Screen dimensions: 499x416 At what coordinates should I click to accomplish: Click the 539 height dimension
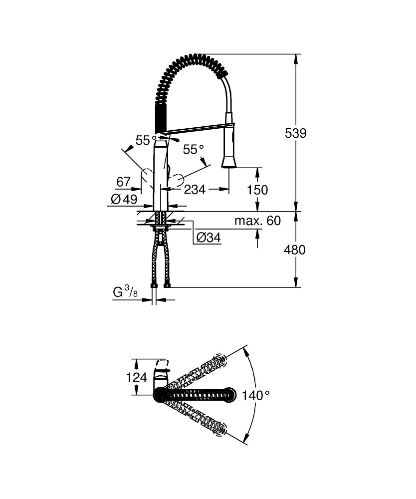click(295, 133)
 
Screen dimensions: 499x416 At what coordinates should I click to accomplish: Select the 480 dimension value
click(295, 249)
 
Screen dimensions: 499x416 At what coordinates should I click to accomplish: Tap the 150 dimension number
click(258, 190)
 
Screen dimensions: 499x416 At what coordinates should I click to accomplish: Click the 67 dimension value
click(123, 182)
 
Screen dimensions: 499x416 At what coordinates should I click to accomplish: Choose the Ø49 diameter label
click(123, 199)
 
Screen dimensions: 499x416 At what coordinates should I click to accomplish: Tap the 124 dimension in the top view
click(136, 377)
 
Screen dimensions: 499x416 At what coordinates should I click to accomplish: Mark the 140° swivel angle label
click(256, 395)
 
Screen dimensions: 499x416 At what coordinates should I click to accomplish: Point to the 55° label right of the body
click(194, 149)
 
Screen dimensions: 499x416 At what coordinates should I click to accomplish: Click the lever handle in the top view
click(162, 375)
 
